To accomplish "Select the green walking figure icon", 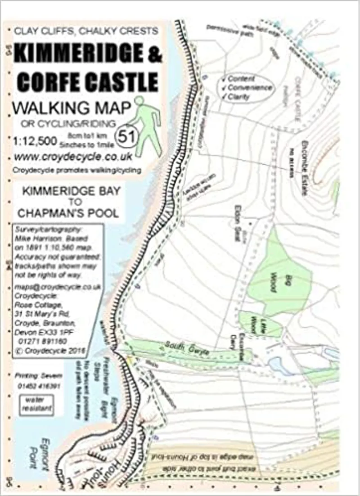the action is tap(147, 126).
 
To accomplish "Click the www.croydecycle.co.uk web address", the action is tap(73, 157).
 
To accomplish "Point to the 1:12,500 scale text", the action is tap(34, 141).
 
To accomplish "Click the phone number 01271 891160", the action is tap(43, 342).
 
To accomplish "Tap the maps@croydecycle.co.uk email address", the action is tap(58, 287).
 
